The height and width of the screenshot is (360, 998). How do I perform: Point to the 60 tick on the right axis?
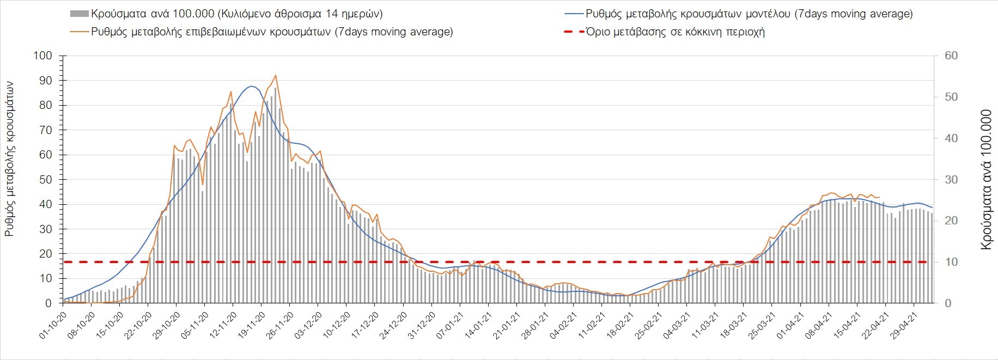951,56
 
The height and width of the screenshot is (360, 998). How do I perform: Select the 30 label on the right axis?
951,180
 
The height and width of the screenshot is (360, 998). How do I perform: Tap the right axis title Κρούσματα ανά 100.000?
985,180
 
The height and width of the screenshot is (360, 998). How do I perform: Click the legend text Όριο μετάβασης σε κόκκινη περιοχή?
676,32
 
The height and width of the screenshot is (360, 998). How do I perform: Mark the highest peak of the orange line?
276,75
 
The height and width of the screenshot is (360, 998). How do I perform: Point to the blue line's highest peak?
251,86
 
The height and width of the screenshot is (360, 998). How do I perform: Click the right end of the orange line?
880,197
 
